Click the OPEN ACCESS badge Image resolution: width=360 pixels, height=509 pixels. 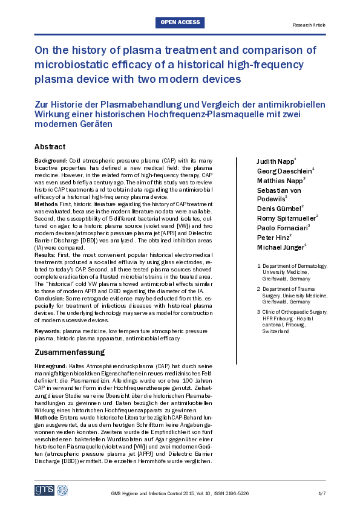click(x=180, y=23)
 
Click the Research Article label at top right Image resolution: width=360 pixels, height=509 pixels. click(x=309, y=26)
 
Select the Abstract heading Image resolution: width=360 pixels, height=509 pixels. click(x=50, y=147)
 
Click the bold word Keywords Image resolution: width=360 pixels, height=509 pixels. click(x=48, y=331)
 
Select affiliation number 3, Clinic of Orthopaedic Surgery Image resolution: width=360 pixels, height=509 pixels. click(x=292, y=311)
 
